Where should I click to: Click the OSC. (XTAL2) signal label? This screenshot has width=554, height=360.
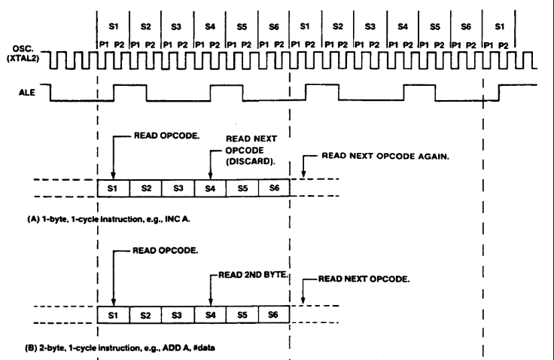(x=23, y=53)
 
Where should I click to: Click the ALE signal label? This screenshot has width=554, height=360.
(x=27, y=93)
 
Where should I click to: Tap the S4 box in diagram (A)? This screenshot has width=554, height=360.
(x=210, y=188)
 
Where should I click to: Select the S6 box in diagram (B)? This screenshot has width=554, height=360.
(x=274, y=314)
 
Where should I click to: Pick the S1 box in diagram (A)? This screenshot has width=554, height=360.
(x=114, y=188)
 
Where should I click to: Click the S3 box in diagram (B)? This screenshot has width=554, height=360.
(x=178, y=314)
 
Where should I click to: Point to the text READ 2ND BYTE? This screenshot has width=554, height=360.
(x=254, y=275)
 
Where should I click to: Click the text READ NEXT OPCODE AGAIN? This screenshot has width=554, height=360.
(x=385, y=156)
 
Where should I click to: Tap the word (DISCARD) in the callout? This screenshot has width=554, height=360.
(x=251, y=161)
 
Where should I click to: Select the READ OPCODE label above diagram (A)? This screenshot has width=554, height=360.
(x=167, y=136)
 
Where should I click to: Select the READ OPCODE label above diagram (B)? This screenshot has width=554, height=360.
(x=166, y=250)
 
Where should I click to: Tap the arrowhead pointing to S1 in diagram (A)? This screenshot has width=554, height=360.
(x=113, y=175)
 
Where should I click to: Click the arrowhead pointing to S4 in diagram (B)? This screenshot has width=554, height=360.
(x=211, y=302)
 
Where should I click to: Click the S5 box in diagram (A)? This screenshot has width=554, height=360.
(x=242, y=188)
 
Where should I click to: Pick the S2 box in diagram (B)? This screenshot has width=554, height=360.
(x=145, y=314)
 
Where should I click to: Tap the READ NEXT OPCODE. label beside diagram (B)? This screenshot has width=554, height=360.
(x=364, y=279)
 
